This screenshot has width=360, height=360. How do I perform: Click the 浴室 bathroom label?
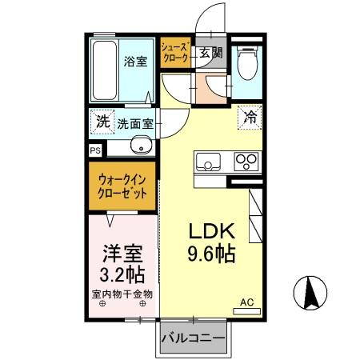135,62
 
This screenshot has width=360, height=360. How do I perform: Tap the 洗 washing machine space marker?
102,122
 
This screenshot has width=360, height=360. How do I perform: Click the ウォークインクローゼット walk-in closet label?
122,186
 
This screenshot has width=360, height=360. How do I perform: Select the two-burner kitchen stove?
246,162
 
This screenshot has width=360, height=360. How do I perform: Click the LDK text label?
211,232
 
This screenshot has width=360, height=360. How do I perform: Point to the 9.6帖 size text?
211,257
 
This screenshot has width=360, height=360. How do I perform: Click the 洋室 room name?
122,255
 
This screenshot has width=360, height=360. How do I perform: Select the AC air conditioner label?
246,302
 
